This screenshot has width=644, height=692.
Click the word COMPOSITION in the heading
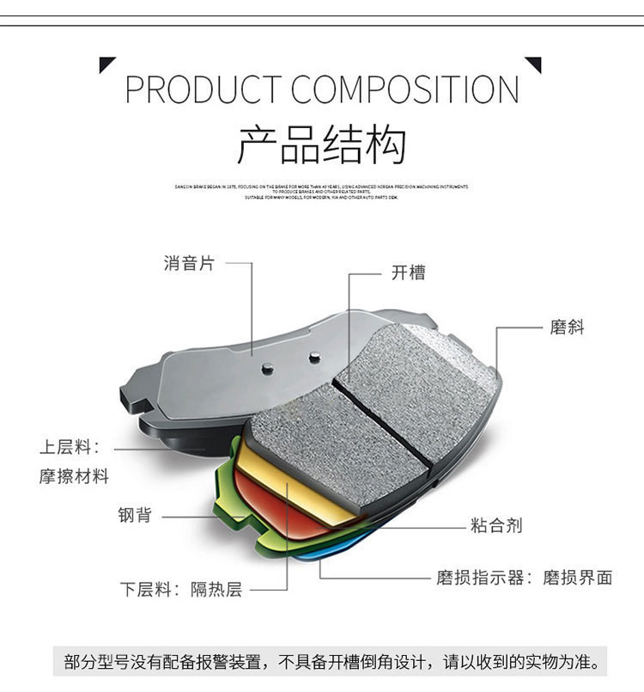[404, 90]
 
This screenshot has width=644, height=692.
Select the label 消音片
[189, 264]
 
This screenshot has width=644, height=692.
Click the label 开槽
[408, 273]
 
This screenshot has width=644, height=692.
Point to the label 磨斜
[567, 327]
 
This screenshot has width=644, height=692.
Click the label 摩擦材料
[74, 476]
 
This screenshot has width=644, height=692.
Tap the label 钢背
[136, 515]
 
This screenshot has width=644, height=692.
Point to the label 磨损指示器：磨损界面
[524, 577]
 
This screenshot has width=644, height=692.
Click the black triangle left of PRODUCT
[106, 64]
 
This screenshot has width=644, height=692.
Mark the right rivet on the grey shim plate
[314, 354]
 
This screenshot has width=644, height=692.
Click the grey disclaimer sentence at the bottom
[331, 663]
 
